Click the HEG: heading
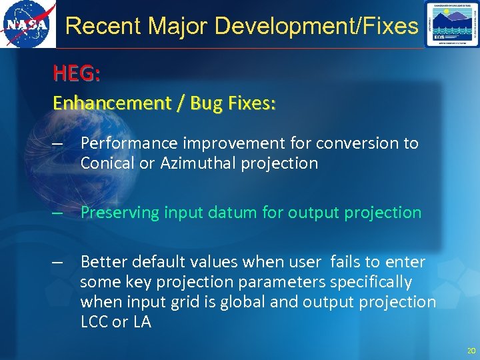click(x=77, y=74)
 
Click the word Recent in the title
click(x=103, y=26)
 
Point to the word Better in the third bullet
click(x=102, y=262)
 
